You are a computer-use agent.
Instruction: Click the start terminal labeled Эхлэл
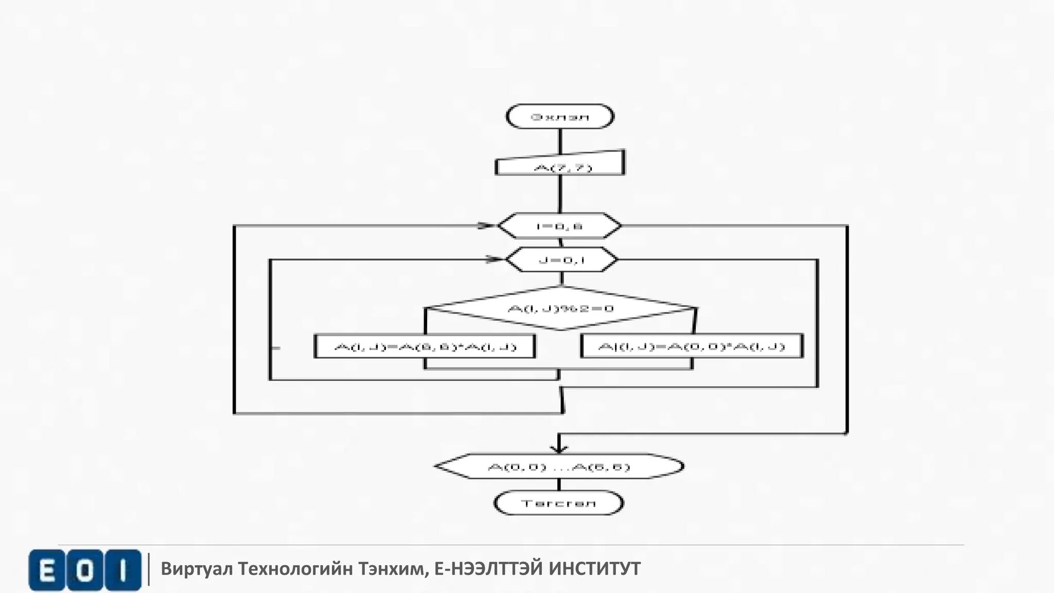click(x=560, y=116)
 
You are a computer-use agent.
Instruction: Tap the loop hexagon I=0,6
click(x=559, y=226)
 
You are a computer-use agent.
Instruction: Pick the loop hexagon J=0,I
click(x=561, y=260)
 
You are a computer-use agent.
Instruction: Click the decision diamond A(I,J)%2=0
click(x=561, y=308)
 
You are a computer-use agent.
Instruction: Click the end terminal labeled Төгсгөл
click(x=558, y=503)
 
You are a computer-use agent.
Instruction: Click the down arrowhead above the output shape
click(x=559, y=448)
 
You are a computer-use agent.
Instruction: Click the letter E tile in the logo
click(x=47, y=570)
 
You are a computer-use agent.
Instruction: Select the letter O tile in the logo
click(x=85, y=570)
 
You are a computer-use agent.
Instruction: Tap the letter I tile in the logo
click(x=122, y=570)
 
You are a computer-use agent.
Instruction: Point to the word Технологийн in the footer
click(x=295, y=569)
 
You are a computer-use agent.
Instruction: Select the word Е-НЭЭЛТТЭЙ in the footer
click(x=489, y=569)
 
